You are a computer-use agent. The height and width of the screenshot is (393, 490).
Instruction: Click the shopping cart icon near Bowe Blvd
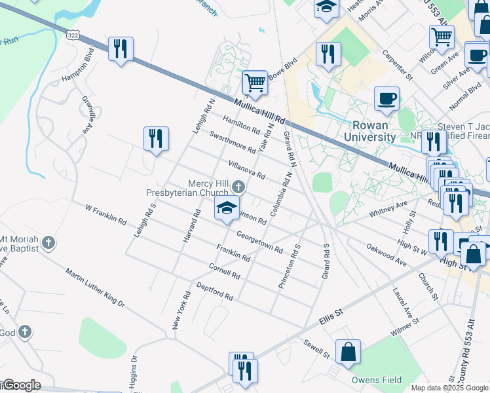(254, 83)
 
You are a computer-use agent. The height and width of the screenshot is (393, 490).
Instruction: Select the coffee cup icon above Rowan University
(386, 99)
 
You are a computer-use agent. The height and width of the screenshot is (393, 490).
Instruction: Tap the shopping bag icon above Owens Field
(349, 351)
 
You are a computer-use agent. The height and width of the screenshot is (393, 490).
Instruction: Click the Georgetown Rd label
(259, 242)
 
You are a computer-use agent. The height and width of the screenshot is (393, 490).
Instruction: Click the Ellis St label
(331, 318)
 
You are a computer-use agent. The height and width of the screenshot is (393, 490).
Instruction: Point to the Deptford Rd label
(215, 292)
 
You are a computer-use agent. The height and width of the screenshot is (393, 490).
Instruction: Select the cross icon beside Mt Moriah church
(48, 244)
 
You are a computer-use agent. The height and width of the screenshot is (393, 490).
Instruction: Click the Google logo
(22, 385)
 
